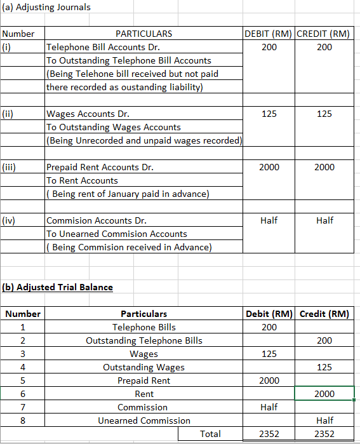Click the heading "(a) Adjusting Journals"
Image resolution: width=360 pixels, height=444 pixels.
[x=47, y=7]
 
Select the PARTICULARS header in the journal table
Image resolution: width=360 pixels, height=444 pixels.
[x=143, y=34]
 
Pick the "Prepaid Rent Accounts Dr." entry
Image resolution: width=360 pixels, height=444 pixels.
[x=100, y=167]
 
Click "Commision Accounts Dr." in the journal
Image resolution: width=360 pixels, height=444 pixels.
[x=97, y=220]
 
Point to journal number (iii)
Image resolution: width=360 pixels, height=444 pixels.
[x=9, y=167]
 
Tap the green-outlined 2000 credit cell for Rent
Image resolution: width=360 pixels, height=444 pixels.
[x=324, y=394]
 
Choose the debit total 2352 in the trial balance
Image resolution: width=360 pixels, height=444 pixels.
[x=269, y=434]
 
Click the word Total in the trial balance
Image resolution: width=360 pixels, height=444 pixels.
[x=210, y=434]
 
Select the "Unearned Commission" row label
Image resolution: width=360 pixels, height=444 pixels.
[x=144, y=420]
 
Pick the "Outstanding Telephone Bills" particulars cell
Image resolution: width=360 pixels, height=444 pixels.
[x=144, y=340]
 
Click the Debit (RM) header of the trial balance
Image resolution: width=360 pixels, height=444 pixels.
[x=269, y=314]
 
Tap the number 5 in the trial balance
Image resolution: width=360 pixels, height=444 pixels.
[x=22, y=380]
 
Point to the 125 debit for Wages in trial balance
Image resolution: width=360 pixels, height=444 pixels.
[x=269, y=354]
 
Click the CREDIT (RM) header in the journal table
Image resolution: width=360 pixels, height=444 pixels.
[x=324, y=34]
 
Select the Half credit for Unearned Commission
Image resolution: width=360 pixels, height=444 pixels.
[x=324, y=420]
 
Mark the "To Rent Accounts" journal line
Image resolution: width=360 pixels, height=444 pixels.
[x=83, y=180]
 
